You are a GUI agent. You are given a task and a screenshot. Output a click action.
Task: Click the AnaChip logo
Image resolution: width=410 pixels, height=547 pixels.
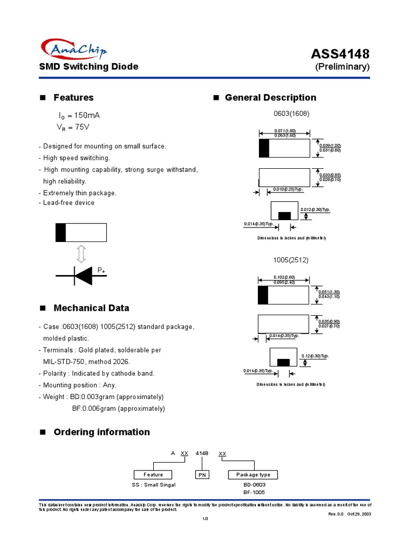coord(73,50)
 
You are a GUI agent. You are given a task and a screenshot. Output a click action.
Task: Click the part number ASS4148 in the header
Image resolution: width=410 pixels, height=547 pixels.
coord(340,54)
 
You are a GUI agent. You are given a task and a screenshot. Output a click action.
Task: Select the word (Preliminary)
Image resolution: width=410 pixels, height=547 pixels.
coord(342,67)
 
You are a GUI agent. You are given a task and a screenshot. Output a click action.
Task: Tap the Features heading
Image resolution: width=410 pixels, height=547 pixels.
coord(73,98)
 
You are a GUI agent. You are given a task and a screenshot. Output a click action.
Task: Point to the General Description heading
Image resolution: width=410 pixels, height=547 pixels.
coord(270,98)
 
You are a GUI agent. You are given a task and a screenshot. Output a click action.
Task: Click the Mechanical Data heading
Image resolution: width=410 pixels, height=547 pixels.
coord(91,308)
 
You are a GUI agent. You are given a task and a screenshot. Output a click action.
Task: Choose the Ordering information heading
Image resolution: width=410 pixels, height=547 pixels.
coord(101,432)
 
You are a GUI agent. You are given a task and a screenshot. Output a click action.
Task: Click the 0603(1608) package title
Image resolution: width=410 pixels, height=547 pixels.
coord(291,114)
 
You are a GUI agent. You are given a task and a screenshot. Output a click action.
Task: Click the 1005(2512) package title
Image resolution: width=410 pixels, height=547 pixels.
coord(291,260)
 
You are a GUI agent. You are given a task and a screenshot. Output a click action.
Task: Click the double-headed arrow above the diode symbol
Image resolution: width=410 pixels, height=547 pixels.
coord(81,253)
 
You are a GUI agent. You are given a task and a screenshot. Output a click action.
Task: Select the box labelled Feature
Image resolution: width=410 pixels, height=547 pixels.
coord(153,474)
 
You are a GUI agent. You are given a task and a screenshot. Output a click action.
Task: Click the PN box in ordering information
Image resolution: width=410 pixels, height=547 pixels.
coord(202,474)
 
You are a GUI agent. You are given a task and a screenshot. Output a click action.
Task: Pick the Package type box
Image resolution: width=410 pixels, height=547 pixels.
coord(253,474)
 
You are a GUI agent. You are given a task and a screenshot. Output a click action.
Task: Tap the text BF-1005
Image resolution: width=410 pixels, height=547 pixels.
coord(254,492)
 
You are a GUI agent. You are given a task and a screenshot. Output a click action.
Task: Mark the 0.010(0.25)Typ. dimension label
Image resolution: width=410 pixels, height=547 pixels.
coord(288,190)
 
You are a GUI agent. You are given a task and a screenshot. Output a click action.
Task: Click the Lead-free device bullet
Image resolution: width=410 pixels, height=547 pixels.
coord(68,203)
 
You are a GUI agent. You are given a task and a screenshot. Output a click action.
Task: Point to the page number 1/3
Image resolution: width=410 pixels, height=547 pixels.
coord(204,519)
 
